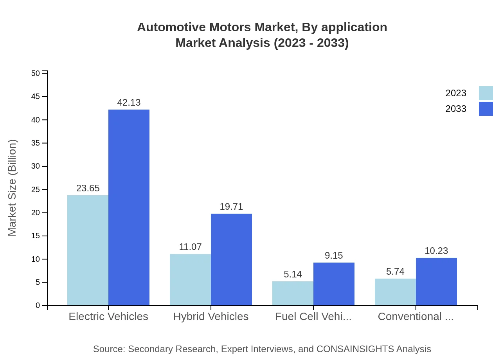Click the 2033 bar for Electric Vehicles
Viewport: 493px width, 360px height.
(129, 207)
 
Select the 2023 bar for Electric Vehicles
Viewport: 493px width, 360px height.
(88, 250)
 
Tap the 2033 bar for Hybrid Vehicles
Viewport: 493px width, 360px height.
(231, 259)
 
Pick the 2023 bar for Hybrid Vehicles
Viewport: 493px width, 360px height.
(190, 279)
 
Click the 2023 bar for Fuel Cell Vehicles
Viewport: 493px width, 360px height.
(293, 293)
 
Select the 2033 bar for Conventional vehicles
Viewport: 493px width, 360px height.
(436, 281)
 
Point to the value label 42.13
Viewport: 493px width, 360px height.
(129, 103)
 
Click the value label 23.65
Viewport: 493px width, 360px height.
(88, 188)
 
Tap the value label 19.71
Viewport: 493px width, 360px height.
(231, 207)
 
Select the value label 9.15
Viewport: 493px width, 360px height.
(334, 256)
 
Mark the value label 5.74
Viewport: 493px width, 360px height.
(395, 272)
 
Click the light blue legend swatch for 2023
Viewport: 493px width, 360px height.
(486, 93)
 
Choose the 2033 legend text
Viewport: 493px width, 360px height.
(456, 109)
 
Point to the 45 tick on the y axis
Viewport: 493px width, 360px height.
(36, 97)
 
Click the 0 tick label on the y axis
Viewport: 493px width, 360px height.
(38, 306)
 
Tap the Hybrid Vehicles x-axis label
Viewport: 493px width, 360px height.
(211, 317)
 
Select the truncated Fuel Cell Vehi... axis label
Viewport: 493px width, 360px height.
(313, 317)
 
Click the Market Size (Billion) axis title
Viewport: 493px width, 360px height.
(12, 188)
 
